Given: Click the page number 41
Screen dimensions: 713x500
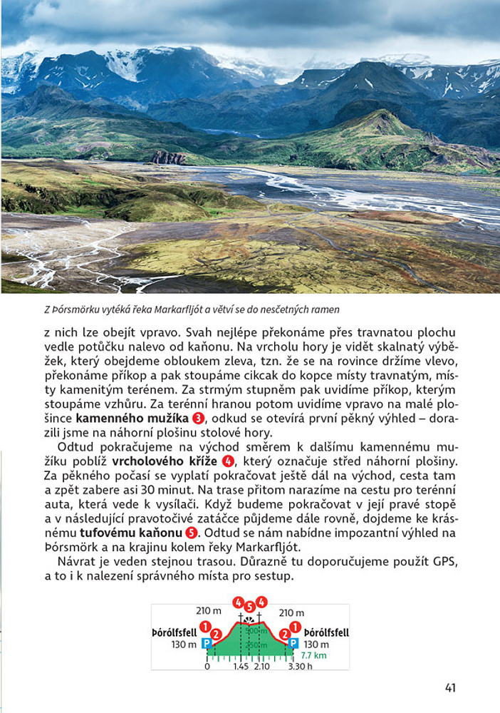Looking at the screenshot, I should pyautogui.click(x=449, y=687).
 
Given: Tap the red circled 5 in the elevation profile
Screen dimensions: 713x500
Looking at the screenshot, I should pyautogui.click(x=249, y=607).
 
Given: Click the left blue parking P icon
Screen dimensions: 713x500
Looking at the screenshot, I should pyautogui.click(x=207, y=643).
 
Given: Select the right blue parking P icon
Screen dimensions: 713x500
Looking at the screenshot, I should pyautogui.click(x=293, y=643).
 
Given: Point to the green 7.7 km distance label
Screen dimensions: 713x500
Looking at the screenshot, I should pyautogui.click(x=313, y=655).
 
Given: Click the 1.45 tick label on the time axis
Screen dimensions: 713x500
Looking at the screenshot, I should pyautogui.click(x=240, y=667).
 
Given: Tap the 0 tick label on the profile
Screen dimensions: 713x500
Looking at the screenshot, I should pyautogui.click(x=207, y=667).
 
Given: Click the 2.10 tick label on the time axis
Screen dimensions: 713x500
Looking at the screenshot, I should pyautogui.click(x=262, y=667).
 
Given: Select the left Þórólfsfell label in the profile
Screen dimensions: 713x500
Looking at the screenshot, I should pyautogui.click(x=175, y=632).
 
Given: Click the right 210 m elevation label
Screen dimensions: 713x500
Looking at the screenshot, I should pyautogui.click(x=291, y=612).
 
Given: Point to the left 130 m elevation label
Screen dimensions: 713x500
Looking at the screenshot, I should pyautogui.click(x=184, y=644).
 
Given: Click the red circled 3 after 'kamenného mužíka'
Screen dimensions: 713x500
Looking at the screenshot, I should pyautogui.click(x=199, y=418).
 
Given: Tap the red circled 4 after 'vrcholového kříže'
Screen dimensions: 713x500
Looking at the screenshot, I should pyautogui.click(x=228, y=460).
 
